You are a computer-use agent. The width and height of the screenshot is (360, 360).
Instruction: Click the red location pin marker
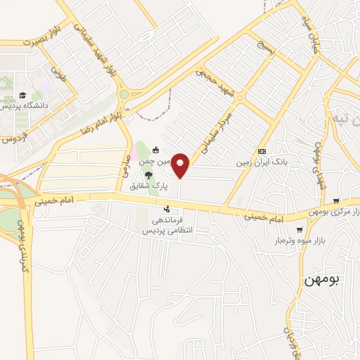pyautogui.click(x=181, y=166)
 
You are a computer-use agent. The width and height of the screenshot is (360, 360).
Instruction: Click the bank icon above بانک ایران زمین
pyautogui.click(x=262, y=151)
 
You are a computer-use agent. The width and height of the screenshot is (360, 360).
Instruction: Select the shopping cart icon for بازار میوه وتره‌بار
pyautogui.click(x=300, y=229)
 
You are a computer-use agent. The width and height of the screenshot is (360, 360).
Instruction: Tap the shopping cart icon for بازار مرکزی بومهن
pyautogui.click(x=337, y=201)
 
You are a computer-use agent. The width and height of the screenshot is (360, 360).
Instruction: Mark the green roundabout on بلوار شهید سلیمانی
pyautogui.click(x=124, y=94)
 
